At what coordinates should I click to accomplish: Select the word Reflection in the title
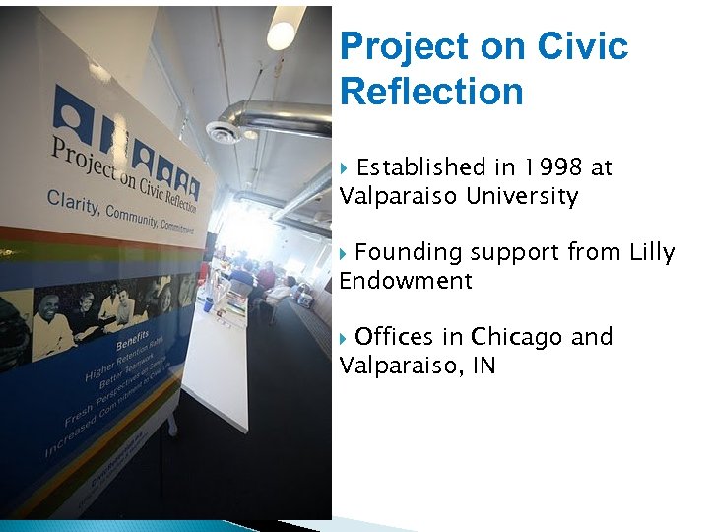pyautogui.click(x=431, y=92)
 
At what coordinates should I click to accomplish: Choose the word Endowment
pyautogui.click(x=406, y=282)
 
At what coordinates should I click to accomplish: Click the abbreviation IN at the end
pyautogui.click(x=482, y=366)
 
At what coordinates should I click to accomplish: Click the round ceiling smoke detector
pyautogui.click(x=223, y=131)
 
